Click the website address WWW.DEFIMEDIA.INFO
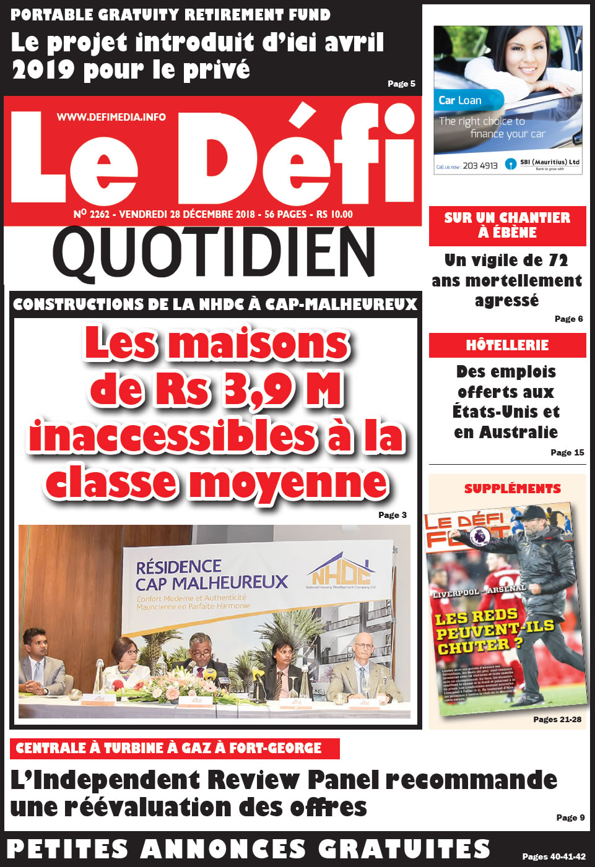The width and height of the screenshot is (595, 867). click(111, 117)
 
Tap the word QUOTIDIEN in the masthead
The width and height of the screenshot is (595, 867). click(214, 252)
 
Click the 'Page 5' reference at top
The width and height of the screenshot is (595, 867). click(401, 84)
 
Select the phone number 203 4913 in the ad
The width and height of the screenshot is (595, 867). click(480, 166)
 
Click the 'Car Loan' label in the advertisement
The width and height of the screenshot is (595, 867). click(460, 100)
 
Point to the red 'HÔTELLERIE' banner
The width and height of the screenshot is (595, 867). click(507, 345)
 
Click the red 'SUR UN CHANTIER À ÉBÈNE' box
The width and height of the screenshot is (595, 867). click(507, 225)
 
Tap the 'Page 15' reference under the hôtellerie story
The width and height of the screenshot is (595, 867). click(567, 452)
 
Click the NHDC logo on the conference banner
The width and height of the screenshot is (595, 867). click(341, 572)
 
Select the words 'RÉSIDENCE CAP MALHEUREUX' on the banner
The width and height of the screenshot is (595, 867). click(211, 575)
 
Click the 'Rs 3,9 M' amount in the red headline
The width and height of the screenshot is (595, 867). click(248, 390)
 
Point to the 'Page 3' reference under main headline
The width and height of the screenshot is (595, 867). click(393, 515)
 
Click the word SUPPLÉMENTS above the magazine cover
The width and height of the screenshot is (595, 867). click(513, 489)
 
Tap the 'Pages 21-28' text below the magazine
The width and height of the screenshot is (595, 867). click(557, 719)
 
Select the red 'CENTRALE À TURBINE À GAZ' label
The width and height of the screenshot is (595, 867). click(169, 748)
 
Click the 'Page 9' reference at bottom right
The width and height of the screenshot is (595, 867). click(570, 817)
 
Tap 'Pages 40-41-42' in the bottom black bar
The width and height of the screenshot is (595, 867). click(554, 856)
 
